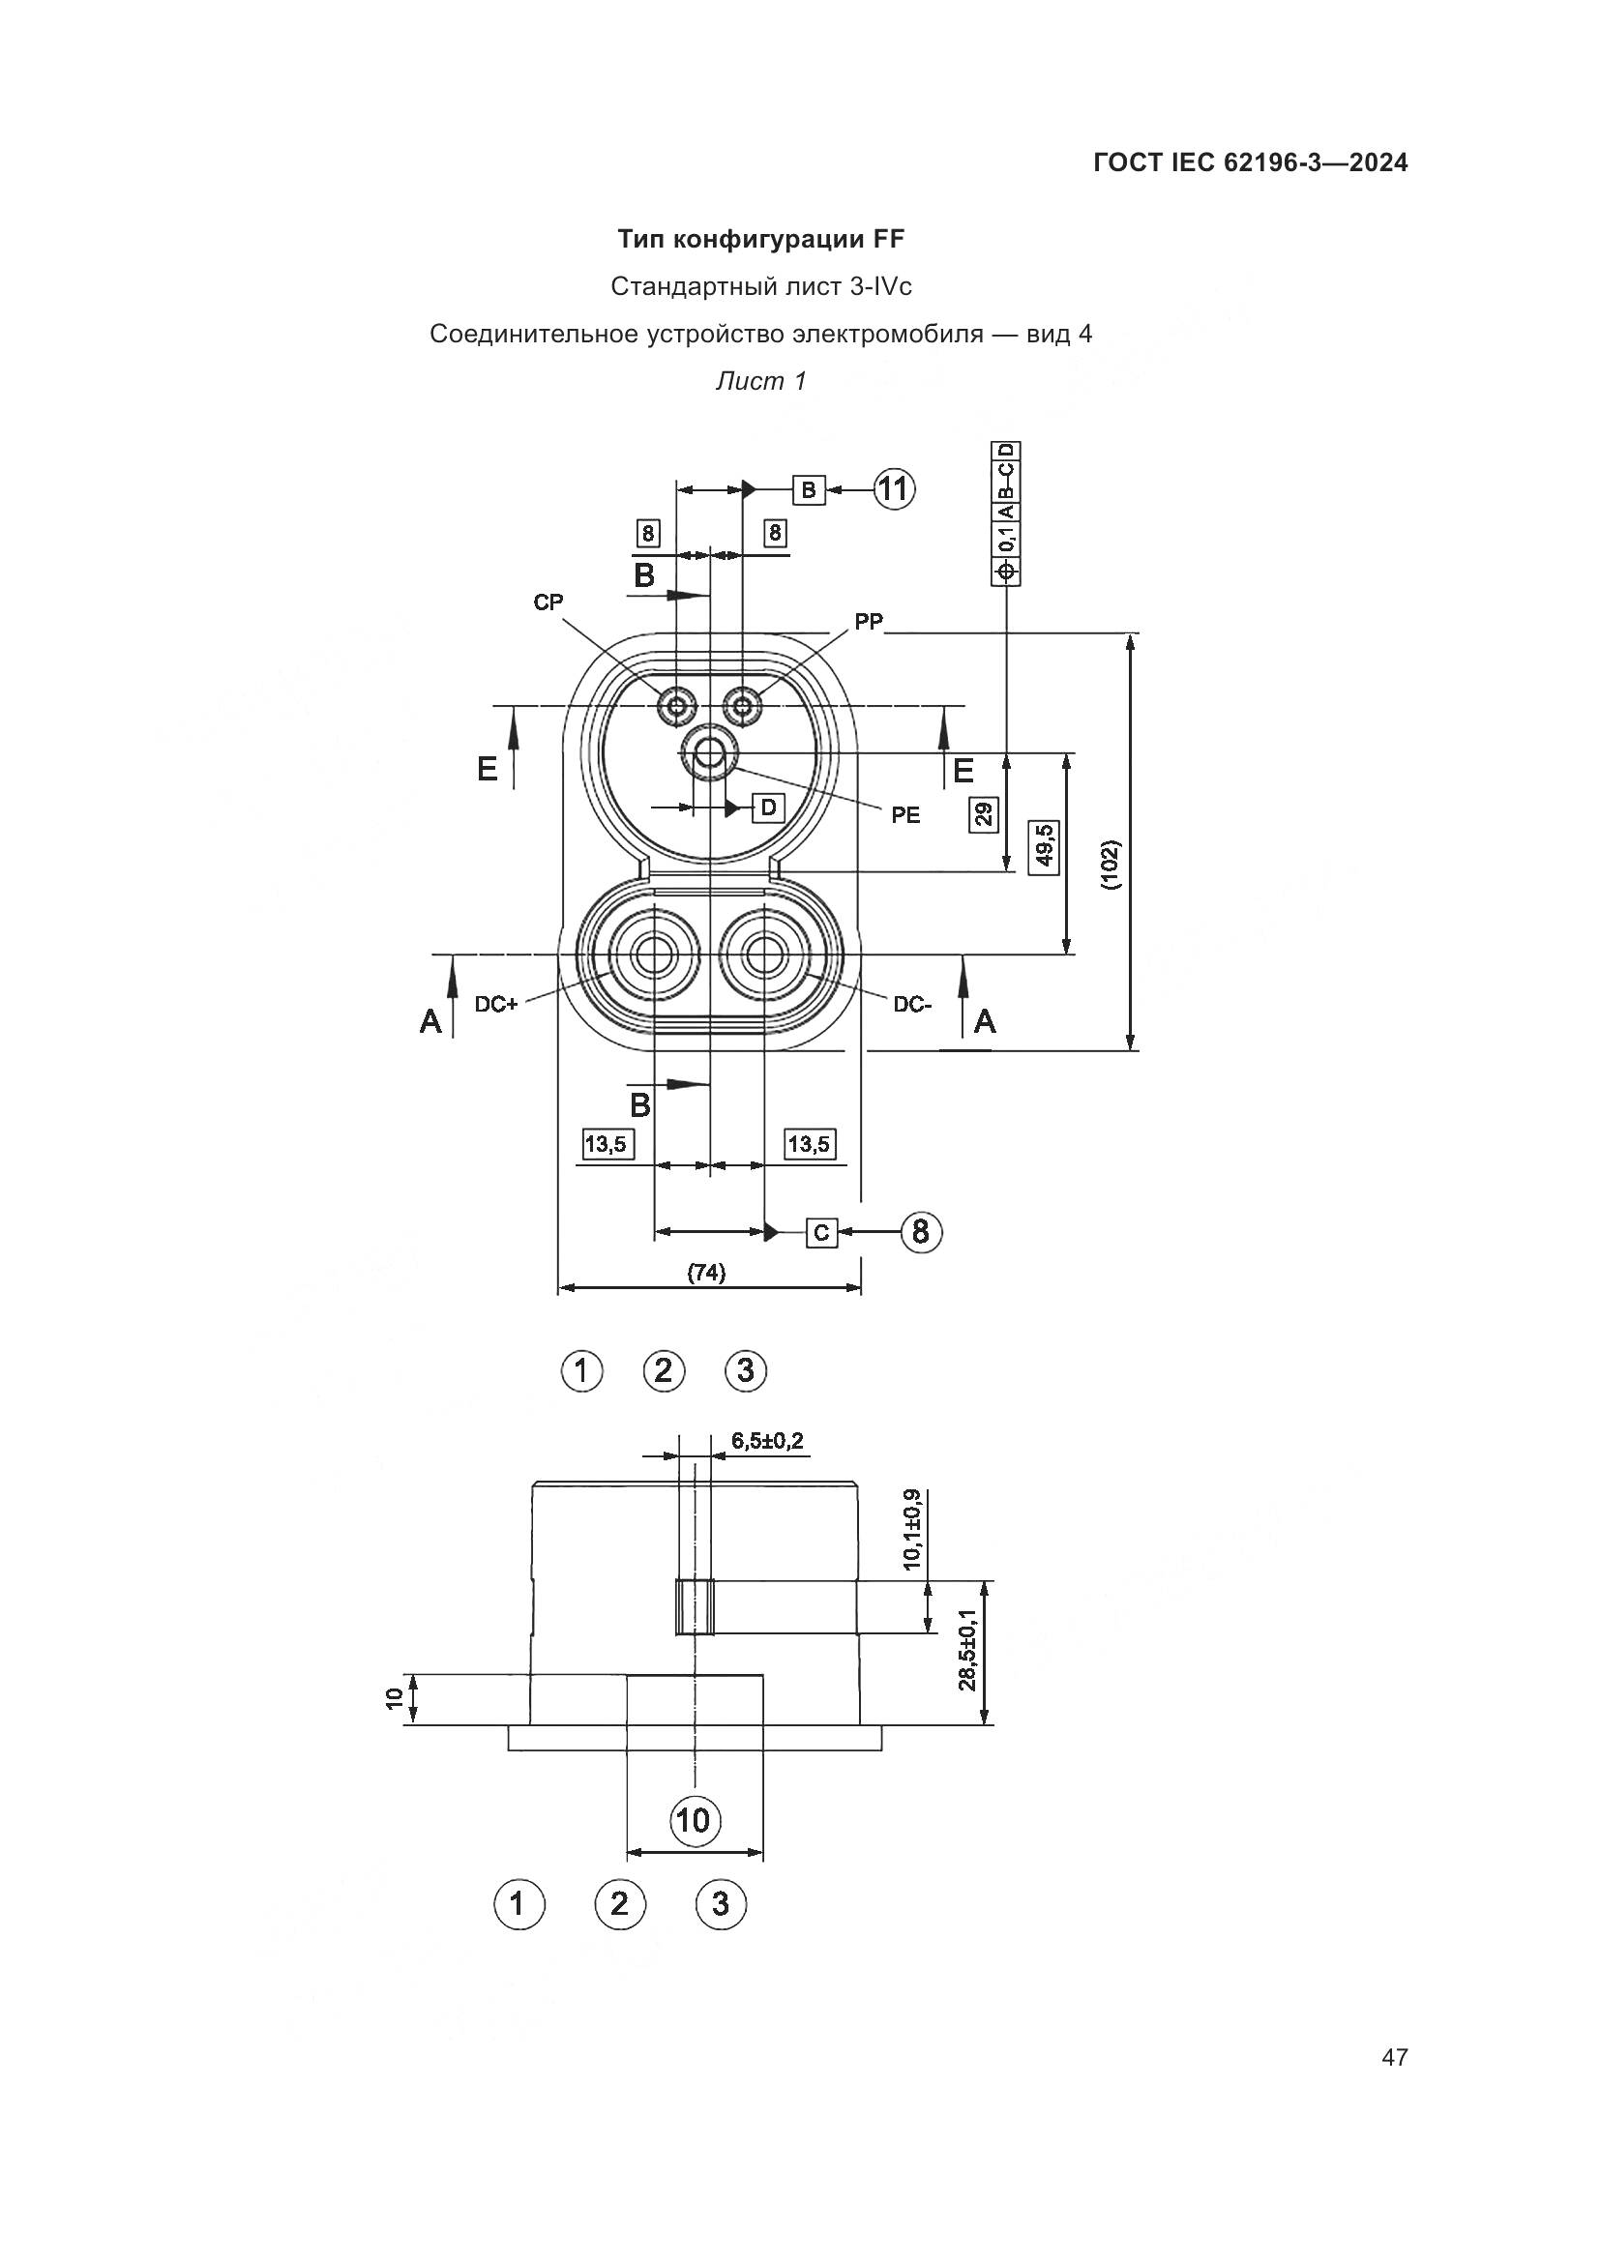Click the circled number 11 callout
[x=893, y=488]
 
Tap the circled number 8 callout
[x=920, y=1231]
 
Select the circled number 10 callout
[x=695, y=1820]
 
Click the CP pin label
[x=548, y=602]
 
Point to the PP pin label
[x=869, y=622]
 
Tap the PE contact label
[x=905, y=814]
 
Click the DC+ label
[x=496, y=1005]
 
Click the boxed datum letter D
[x=768, y=808]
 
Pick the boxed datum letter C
[x=821, y=1232]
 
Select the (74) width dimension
[x=706, y=1273]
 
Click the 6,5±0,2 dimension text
[x=766, y=1441]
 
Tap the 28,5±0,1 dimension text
[x=966, y=1649]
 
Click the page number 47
[x=1394, y=2057]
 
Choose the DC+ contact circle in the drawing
[x=652, y=955]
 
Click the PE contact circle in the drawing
[x=707, y=753]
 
